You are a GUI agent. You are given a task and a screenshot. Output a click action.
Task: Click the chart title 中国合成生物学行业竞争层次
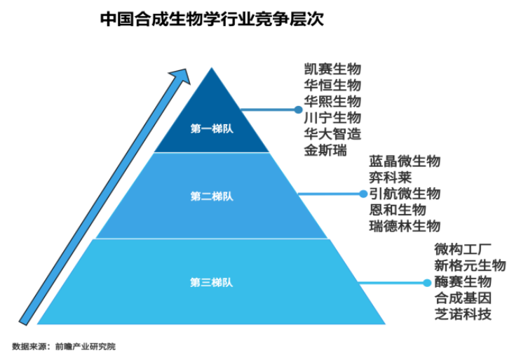212,17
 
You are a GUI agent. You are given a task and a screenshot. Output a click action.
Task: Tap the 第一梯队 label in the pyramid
211,128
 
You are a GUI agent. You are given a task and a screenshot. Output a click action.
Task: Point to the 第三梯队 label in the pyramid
211,282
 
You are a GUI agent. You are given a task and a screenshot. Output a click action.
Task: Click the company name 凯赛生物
332,69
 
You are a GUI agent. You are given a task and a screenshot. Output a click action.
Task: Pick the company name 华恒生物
332,86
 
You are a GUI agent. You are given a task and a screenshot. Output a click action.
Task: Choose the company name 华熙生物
332,102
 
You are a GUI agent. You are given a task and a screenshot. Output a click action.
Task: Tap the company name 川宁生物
332,117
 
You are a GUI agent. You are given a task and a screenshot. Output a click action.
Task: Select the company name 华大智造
332,133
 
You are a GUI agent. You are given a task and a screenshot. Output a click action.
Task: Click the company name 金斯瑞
325,149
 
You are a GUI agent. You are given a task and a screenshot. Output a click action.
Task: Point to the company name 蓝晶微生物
405,161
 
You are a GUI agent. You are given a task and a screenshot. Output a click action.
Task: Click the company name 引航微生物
405,194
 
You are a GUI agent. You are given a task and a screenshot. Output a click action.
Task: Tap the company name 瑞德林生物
405,226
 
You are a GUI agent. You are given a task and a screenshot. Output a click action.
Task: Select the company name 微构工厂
463,250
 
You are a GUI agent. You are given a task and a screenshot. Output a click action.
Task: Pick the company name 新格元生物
470,266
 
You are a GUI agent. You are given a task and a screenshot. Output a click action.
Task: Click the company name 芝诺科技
463,314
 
